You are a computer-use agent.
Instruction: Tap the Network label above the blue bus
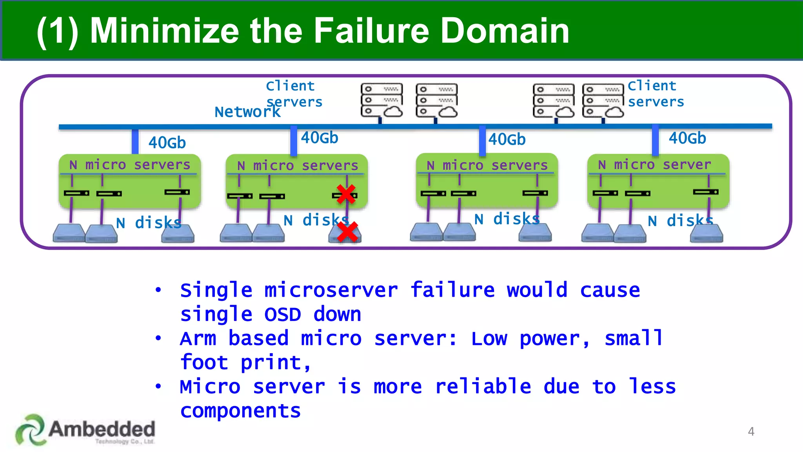tap(247, 112)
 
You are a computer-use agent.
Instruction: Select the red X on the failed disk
tap(347, 232)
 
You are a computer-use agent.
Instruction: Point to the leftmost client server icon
tap(382, 100)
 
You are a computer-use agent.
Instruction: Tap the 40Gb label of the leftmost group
tap(167, 143)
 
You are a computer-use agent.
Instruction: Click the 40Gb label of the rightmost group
tap(687, 138)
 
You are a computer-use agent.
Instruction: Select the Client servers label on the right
tap(656, 94)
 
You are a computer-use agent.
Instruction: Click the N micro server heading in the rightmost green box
tap(654, 165)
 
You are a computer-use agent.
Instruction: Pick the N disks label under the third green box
tap(507, 219)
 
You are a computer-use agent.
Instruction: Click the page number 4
tap(751, 432)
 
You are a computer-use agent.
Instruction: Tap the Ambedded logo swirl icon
tap(30, 430)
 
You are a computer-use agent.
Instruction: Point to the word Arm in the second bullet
tap(198, 339)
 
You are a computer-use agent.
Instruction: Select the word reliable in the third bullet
tap(483, 386)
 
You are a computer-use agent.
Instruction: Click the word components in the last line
tap(240, 411)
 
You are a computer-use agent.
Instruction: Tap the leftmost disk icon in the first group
tap(69, 233)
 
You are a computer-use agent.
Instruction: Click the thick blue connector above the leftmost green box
tap(135, 141)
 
